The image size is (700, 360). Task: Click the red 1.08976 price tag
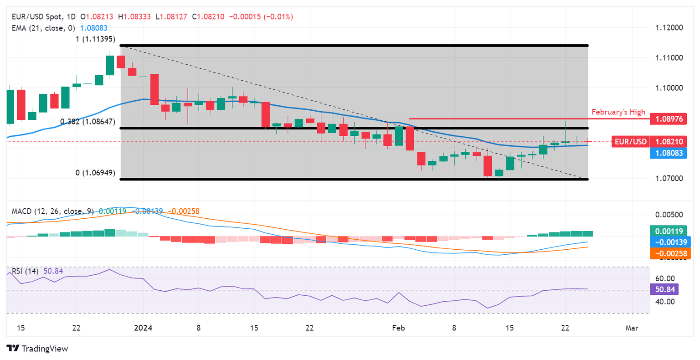(669, 119)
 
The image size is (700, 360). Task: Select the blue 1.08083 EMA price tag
(669, 153)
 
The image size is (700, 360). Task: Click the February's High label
(618, 112)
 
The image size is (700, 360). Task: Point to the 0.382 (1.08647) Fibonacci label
(87, 122)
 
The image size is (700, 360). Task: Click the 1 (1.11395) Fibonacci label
(95, 39)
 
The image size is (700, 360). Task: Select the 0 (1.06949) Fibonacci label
(95, 173)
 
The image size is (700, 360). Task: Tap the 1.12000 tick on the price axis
(669, 28)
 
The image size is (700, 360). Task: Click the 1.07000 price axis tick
(669, 178)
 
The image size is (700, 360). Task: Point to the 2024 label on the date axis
(143, 328)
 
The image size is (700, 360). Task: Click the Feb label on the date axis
(398, 328)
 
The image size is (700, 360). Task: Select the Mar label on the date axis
(632, 328)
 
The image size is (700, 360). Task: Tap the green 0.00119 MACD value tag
(669, 231)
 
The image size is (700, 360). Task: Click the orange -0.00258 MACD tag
(669, 253)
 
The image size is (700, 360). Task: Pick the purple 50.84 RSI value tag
(664, 289)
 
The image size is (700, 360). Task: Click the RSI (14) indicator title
(25, 271)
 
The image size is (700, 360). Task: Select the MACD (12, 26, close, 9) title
(53, 211)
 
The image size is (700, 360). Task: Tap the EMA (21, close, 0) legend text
(43, 28)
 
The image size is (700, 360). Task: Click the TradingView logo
(37, 349)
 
